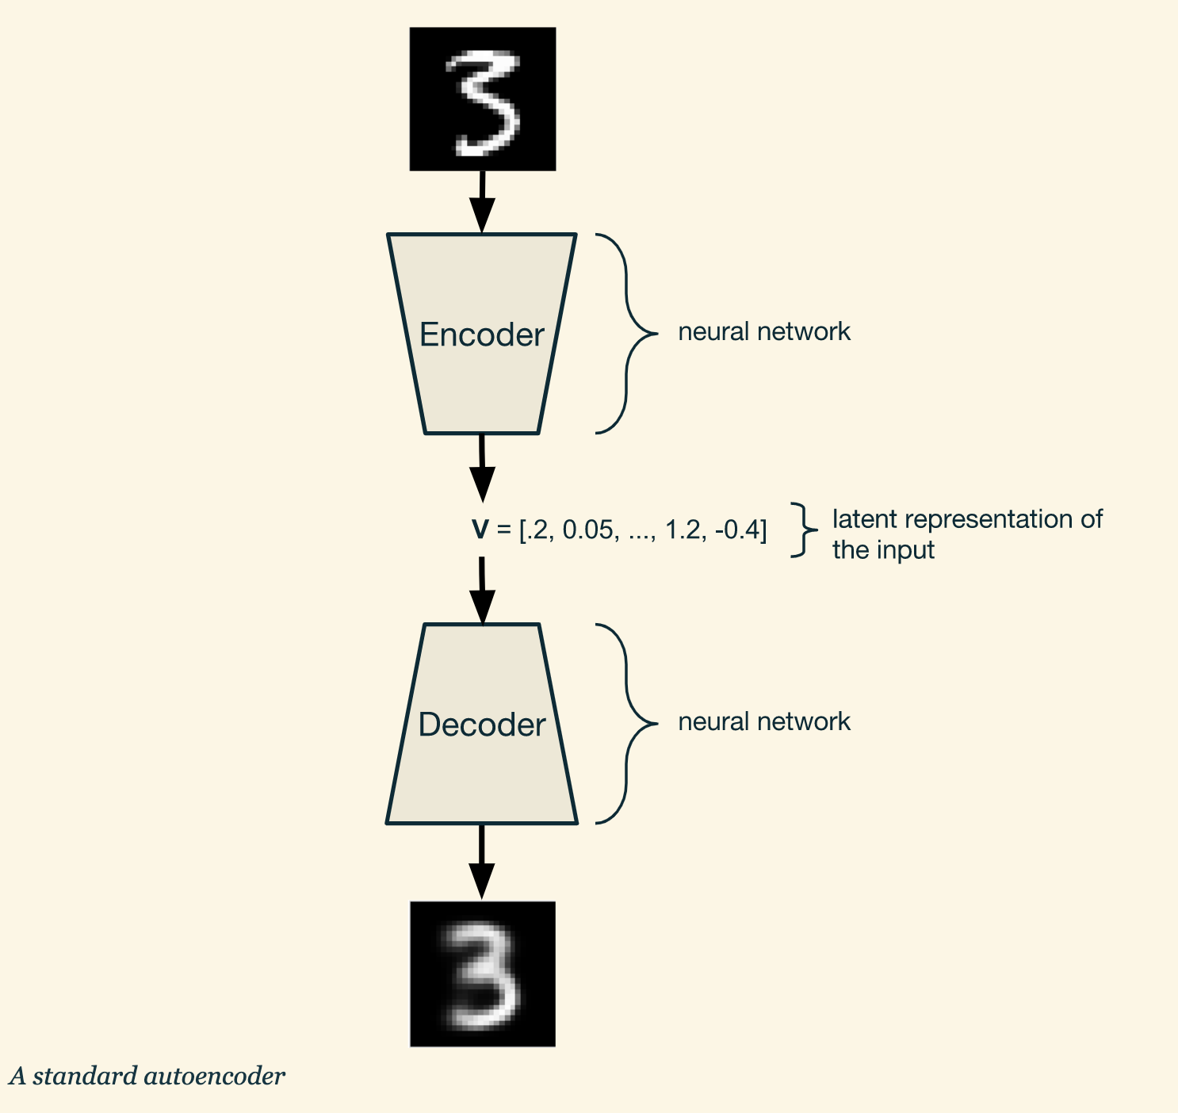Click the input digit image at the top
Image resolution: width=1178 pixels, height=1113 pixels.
[482, 99]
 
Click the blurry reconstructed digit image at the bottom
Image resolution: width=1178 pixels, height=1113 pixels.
[482, 973]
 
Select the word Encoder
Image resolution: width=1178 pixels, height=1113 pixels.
[481, 335]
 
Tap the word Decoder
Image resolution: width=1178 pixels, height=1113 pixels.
[481, 725]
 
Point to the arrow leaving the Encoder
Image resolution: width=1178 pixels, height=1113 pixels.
[482, 468]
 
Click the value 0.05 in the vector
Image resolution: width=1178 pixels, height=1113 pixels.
[587, 530]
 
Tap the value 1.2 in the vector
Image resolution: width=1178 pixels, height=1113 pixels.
[683, 530]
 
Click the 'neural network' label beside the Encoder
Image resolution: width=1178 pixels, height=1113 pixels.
[764, 331]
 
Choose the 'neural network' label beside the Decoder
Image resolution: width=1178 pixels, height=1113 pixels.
[764, 721]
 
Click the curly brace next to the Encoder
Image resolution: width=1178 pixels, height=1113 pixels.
[628, 334]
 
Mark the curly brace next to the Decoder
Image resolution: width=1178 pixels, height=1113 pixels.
[628, 724]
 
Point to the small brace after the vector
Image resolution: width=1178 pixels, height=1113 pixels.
[804, 530]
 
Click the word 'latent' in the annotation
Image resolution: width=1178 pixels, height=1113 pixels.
[865, 519]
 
